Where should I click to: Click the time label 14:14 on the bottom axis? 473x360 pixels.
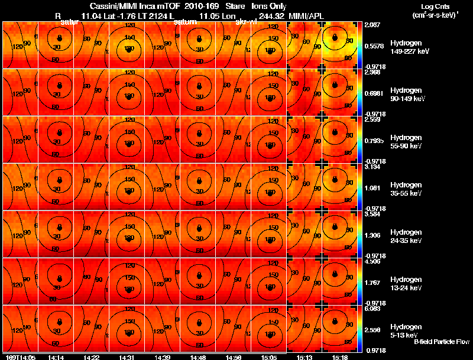tap(56, 357)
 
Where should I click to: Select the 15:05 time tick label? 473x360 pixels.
tap(269, 357)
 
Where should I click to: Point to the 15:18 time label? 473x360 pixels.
tap(339, 357)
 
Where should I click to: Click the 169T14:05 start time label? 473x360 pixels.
tap(20, 357)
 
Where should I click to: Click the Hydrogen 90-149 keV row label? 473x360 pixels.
tap(406, 95)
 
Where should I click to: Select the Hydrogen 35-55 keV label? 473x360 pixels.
tap(406, 189)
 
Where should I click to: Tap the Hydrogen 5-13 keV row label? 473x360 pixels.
tap(406, 330)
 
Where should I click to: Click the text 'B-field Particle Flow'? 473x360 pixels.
tap(441, 342)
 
